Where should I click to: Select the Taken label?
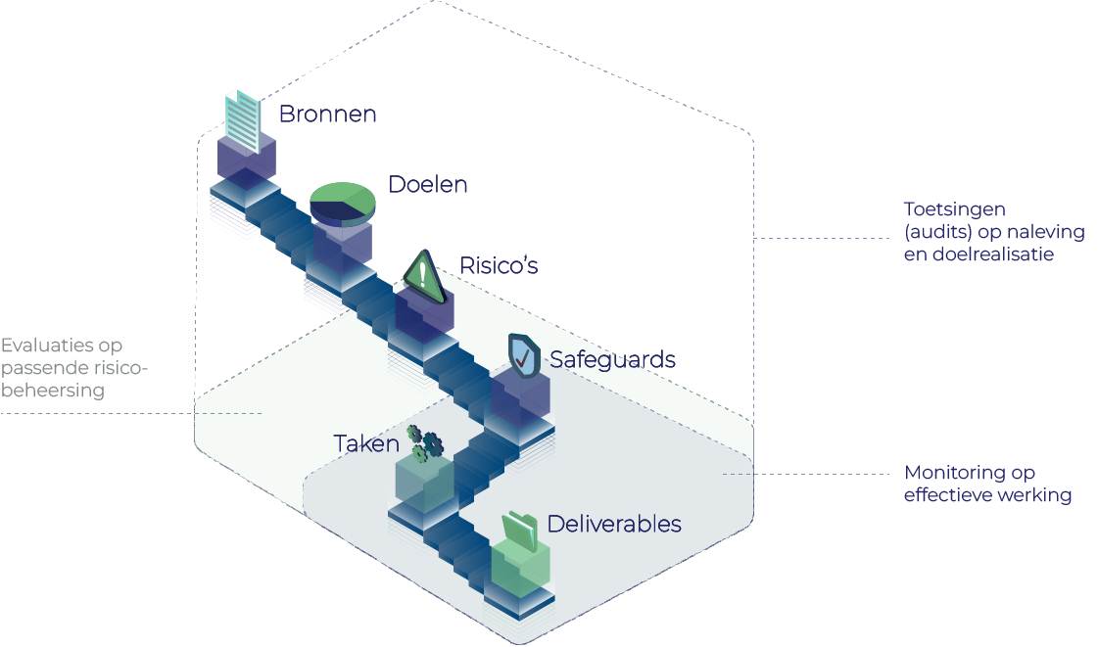tap(365, 443)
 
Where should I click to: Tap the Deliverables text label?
tap(613, 524)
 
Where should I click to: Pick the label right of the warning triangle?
tap(500, 265)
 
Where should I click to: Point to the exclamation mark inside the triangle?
tap(423, 273)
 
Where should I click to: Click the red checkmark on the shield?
tap(525, 359)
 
